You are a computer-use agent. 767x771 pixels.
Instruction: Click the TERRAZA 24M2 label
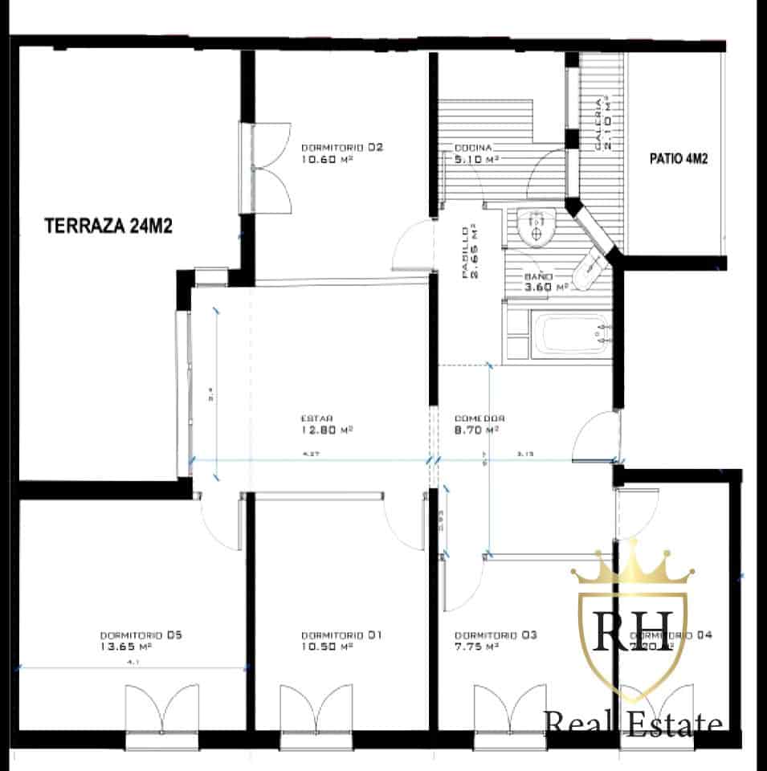pyautogui.click(x=108, y=226)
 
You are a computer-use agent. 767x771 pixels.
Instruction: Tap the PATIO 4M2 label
pyautogui.click(x=678, y=159)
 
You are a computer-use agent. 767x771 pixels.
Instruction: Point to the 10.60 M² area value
pyautogui.click(x=328, y=159)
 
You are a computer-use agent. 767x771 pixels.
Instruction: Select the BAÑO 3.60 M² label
pyautogui.click(x=546, y=281)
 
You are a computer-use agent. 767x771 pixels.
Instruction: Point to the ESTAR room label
pyautogui.click(x=316, y=418)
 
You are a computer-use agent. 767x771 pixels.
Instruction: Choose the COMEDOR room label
pyautogui.click(x=479, y=418)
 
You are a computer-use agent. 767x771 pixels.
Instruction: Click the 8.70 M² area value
pyautogui.click(x=476, y=430)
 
